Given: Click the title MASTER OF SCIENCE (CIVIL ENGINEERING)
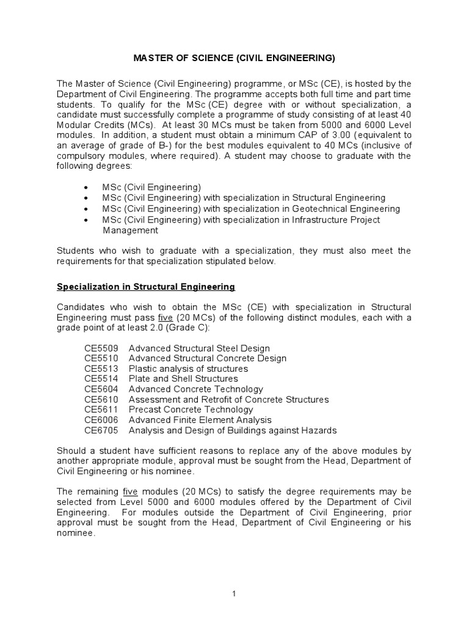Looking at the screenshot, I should click(234, 59).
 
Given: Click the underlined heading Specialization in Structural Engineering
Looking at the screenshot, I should click(146, 287).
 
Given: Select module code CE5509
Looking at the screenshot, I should click(101, 348).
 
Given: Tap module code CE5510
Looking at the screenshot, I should click(101, 359).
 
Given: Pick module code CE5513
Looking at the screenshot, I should click(101, 369).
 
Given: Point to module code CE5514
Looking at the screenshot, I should click(101, 379).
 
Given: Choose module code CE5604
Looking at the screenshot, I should click(101, 389).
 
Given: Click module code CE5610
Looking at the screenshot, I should click(101, 400).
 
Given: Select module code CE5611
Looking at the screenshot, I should click(101, 410).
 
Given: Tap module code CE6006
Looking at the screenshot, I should click(101, 420).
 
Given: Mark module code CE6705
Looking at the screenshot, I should click(101, 430).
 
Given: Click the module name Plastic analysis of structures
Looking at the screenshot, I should click(188, 369).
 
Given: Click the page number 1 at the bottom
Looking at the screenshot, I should click(234, 593).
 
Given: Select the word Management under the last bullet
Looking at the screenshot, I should click(130, 230).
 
